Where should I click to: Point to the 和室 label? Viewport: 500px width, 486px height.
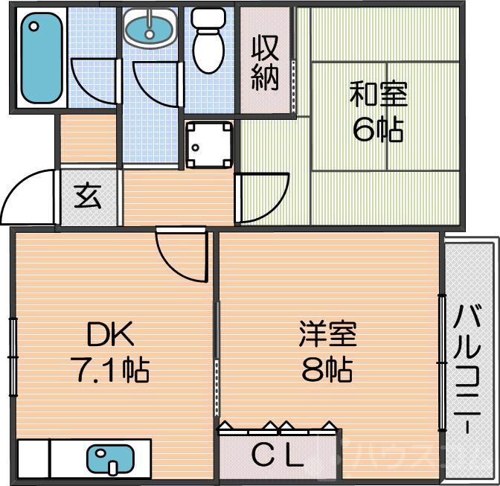(378, 97)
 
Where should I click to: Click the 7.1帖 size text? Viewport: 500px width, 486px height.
(114, 369)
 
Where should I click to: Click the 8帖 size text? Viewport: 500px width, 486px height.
(327, 369)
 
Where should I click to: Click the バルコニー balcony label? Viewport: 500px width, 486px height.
(469, 368)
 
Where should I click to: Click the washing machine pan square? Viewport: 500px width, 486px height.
(209, 144)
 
